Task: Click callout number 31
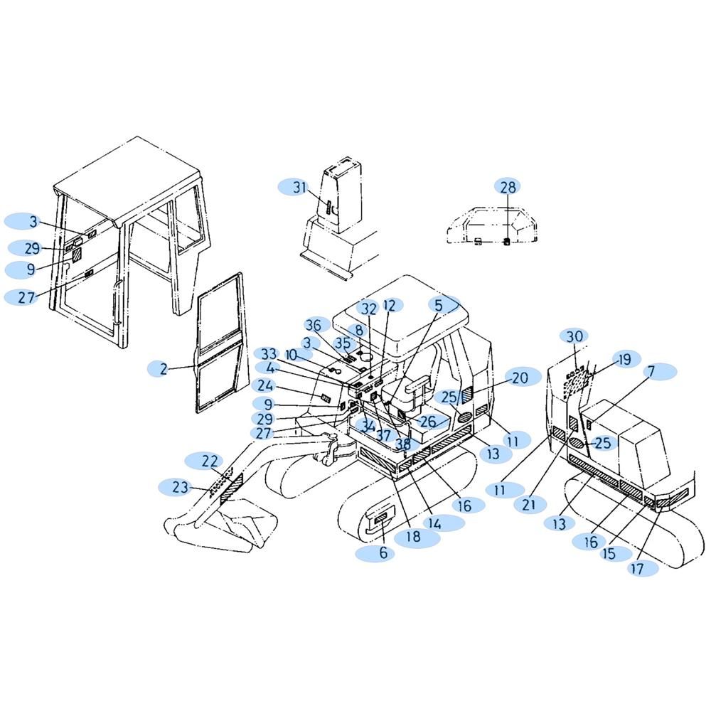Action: click(299, 187)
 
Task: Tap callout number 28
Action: click(508, 186)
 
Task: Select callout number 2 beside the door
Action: click(164, 369)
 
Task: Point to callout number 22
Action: click(210, 461)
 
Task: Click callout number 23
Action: click(180, 487)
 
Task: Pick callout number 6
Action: click(383, 552)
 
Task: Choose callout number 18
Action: click(414, 536)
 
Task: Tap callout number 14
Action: click(434, 524)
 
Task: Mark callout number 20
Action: click(520, 378)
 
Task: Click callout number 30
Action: click(574, 336)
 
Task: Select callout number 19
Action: click(624, 359)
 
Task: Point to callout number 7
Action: click(651, 371)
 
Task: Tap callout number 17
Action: click(637, 568)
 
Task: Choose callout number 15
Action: click(609, 554)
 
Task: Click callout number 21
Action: click(529, 504)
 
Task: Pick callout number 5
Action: click(438, 305)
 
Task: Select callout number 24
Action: click(265, 386)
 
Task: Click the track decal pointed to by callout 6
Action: click(380, 518)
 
